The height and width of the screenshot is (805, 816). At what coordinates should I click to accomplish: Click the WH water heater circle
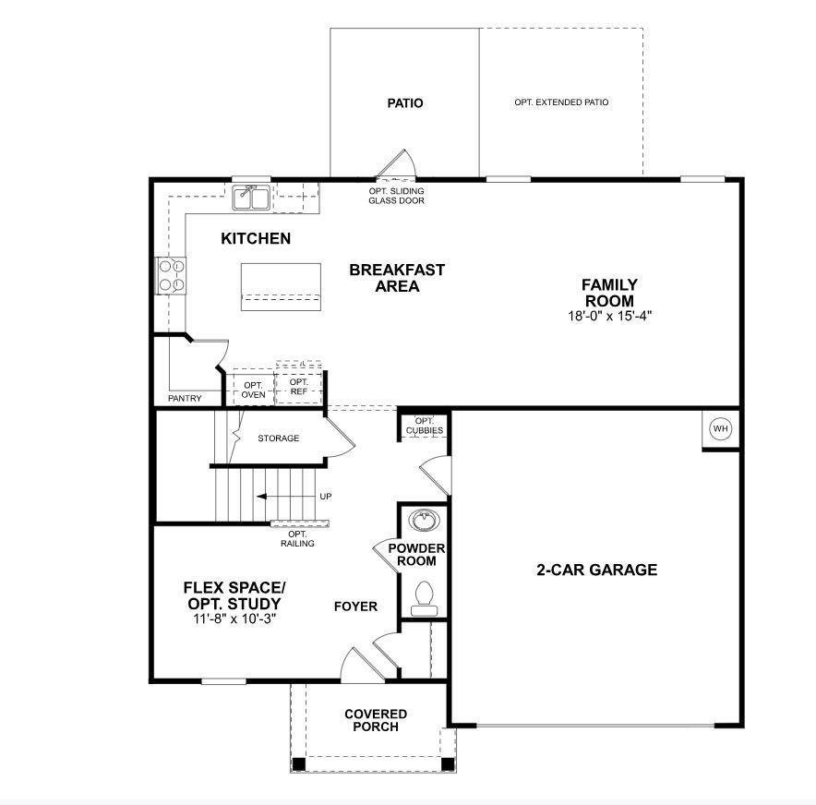click(720, 429)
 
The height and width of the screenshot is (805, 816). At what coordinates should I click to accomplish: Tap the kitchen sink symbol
click(250, 197)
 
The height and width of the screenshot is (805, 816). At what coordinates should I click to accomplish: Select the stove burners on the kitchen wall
click(173, 275)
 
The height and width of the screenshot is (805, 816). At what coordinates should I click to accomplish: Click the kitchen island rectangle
click(282, 286)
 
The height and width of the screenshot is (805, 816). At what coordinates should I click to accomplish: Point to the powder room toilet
click(425, 595)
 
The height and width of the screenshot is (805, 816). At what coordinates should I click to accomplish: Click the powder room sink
click(424, 522)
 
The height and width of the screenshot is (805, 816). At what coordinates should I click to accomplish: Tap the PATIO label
click(405, 103)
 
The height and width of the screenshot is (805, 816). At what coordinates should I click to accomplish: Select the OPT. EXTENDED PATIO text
click(561, 102)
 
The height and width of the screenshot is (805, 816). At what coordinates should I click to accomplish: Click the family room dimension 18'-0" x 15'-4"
click(608, 316)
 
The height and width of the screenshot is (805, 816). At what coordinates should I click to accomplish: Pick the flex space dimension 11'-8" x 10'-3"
click(234, 619)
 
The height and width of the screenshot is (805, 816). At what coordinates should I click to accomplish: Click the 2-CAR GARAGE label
click(597, 570)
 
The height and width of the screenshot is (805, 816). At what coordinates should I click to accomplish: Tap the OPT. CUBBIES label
click(424, 426)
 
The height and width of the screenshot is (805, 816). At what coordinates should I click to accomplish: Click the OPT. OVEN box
click(254, 390)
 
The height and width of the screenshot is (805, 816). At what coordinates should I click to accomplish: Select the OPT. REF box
click(299, 387)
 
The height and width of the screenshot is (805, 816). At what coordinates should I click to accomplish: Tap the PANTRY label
click(185, 399)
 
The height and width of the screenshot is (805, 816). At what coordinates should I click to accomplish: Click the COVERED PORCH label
click(375, 720)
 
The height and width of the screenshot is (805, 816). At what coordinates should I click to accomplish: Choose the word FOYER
click(355, 607)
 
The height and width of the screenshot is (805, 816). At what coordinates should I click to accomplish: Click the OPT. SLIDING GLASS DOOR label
click(396, 195)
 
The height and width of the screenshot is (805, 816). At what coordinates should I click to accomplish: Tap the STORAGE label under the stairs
click(278, 438)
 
